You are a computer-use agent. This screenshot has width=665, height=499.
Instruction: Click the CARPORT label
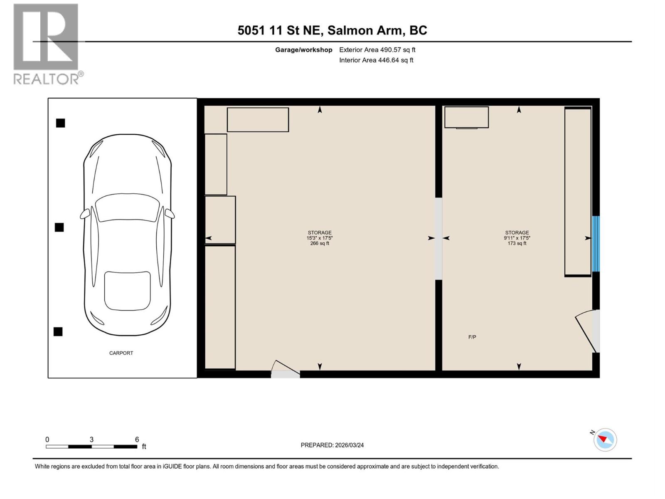click(121, 353)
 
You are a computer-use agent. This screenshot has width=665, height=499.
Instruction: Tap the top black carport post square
click(61, 123)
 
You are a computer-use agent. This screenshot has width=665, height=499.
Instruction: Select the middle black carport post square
click(59, 227)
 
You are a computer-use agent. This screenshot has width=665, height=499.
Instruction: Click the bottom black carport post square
click(58, 331)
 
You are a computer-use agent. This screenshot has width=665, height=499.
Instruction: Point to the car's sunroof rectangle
click(127, 291)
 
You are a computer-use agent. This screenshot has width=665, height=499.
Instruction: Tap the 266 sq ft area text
click(320, 244)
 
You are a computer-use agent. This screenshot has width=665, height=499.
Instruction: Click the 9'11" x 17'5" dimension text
click(517, 238)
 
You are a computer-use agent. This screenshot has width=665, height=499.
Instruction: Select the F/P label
click(472, 337)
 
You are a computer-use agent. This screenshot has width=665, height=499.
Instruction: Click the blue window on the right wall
click(596, 243)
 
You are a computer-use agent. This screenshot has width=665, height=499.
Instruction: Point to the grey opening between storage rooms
click(438, 239)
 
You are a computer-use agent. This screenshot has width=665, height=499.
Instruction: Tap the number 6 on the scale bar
click(137, 440)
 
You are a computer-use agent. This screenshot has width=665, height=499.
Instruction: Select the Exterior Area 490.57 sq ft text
click(377, 50)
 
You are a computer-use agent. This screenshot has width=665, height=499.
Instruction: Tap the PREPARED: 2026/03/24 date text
click(332, 445)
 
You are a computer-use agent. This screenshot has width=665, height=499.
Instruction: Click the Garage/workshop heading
click(303, 50)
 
